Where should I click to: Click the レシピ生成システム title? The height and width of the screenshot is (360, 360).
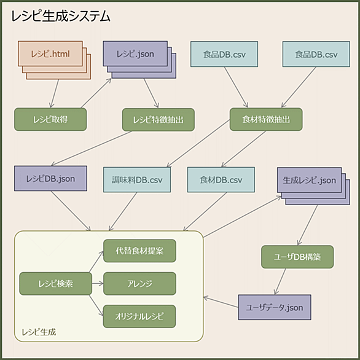point(61,17)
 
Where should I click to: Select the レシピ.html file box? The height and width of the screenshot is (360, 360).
point(55,60)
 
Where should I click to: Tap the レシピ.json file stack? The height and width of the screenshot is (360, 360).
point(139,60)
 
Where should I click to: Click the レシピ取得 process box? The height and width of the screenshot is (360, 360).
point(50,119)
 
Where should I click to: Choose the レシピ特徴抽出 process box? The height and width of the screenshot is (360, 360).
point(158,120)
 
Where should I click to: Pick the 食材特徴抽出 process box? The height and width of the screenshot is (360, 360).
point(266,119)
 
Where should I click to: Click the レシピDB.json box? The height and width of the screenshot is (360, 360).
point(50,178)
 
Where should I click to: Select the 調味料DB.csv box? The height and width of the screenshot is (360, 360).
point(137,179)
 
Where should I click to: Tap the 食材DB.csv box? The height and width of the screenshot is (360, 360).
point(221,179)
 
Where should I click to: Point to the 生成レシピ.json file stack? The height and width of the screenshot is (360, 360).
point(313,186)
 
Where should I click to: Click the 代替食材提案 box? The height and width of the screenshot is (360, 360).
point(139,251)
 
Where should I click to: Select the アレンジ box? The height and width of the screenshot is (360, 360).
point(139,284)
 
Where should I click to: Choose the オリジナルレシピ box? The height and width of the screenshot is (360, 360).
point(139,316)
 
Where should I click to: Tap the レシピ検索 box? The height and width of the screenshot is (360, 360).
point(55,284)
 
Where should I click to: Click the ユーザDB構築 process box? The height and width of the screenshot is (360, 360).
point(297,257)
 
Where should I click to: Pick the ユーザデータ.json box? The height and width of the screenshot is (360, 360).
point(275,307)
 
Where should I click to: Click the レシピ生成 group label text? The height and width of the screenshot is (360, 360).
point(39,332)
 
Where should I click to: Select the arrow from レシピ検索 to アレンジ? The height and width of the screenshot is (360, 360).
point(98,284)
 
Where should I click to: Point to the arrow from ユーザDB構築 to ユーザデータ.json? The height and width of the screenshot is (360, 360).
point(280,281)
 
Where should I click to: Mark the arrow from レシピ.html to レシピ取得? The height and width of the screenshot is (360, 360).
point(55,93)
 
